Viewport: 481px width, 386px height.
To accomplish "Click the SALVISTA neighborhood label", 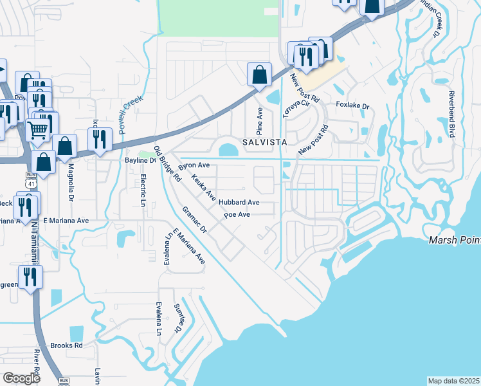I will [263, 140].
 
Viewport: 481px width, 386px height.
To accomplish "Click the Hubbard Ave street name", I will [239, 202].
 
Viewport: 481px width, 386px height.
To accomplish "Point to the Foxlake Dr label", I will [352, 106].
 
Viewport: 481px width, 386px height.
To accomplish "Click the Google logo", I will [22, 378].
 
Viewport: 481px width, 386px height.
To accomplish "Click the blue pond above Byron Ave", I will [228, 150].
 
